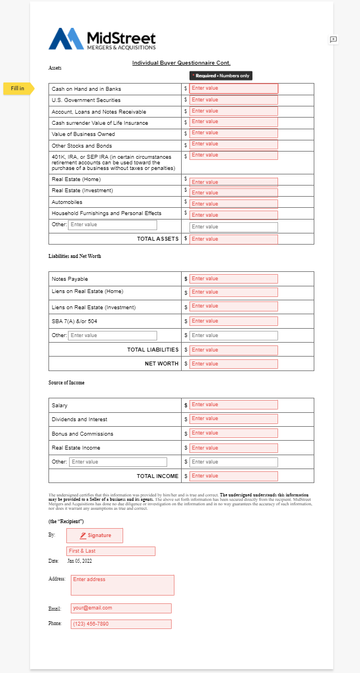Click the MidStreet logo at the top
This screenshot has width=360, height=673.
tap(102, 40)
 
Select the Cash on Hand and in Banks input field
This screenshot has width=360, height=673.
tap(233, 89)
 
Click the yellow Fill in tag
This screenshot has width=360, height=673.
tap(18, 88)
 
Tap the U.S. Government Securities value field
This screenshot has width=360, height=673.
tap(233, 100)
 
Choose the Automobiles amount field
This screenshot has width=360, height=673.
tap(233, 204)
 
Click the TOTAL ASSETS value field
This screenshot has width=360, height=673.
tap(233, 239)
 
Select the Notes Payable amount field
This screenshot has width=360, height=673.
tap(233, 279)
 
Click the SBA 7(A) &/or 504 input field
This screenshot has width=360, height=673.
tap(233, 321)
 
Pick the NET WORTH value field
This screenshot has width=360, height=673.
tap(233, 364)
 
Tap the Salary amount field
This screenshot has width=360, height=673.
tap(233, 405)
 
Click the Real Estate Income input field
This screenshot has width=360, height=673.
tap(233, 448)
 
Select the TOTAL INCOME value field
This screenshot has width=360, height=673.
tap(233, 476)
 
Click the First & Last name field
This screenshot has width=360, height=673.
tap(110, 551)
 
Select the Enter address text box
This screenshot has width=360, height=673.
tap(120, 585)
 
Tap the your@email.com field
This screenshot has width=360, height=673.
tap(121, 608)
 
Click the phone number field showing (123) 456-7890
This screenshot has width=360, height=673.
tap(121, 624)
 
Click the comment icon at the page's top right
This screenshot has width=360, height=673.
tap(333, 40)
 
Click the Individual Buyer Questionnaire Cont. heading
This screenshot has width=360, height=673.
tap(181, 63)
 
